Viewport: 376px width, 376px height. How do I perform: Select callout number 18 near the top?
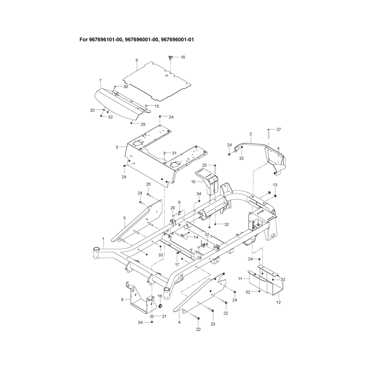coord(183,57)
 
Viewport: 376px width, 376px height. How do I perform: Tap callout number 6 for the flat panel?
coord(137,60)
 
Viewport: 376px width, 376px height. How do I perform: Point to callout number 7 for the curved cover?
coord(101,80)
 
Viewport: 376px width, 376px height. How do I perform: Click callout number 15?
coord(157,106)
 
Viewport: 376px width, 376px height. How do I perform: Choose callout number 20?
coord(92,110)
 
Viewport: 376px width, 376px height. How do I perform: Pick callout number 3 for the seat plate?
coord(117,147)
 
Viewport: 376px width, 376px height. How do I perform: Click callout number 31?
coord(174,153)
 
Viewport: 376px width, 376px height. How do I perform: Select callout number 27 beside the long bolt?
coord(279,130)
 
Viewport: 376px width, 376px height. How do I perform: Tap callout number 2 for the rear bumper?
coord(251,134)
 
